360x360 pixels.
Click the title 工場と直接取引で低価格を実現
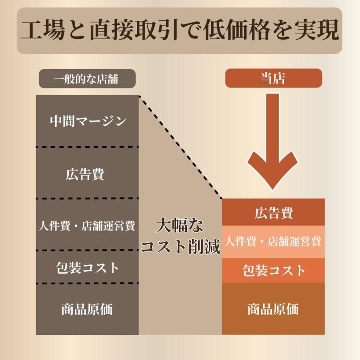point(180,30)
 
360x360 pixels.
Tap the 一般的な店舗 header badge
point(87,79)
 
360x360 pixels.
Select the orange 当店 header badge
point(274,78)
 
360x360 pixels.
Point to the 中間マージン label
point(88,121)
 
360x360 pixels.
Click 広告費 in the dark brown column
point(85,174)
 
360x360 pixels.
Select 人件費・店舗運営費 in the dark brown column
point(87,226)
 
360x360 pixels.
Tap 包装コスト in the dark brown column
point(87,268)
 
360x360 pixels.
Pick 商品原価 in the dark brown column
point(87,309)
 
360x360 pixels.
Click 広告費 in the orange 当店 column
point(274,213)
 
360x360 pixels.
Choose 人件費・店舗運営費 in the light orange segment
point(273,242)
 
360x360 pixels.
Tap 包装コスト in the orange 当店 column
point(274,270)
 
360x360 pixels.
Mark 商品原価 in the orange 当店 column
point(273,309)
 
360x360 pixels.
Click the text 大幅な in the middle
point(180,225)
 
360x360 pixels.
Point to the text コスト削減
point(180,246)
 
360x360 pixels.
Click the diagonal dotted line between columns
point(180,147)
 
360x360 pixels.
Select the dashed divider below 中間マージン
point(87,147)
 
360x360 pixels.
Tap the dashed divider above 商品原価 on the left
point(87,284)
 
